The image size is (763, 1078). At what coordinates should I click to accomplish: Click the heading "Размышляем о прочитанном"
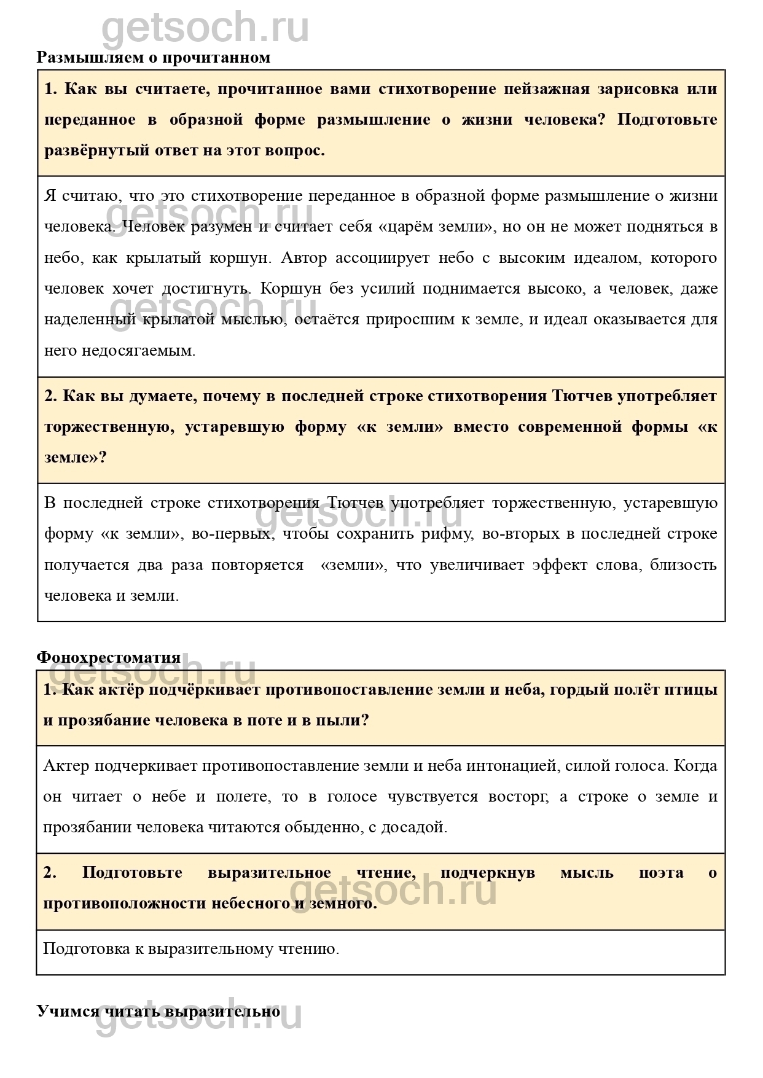[x=154, y=58]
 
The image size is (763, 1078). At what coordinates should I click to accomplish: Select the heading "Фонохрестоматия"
[x=109, y=657]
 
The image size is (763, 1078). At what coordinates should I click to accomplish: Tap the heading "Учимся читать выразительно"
[x=158, y=1011]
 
